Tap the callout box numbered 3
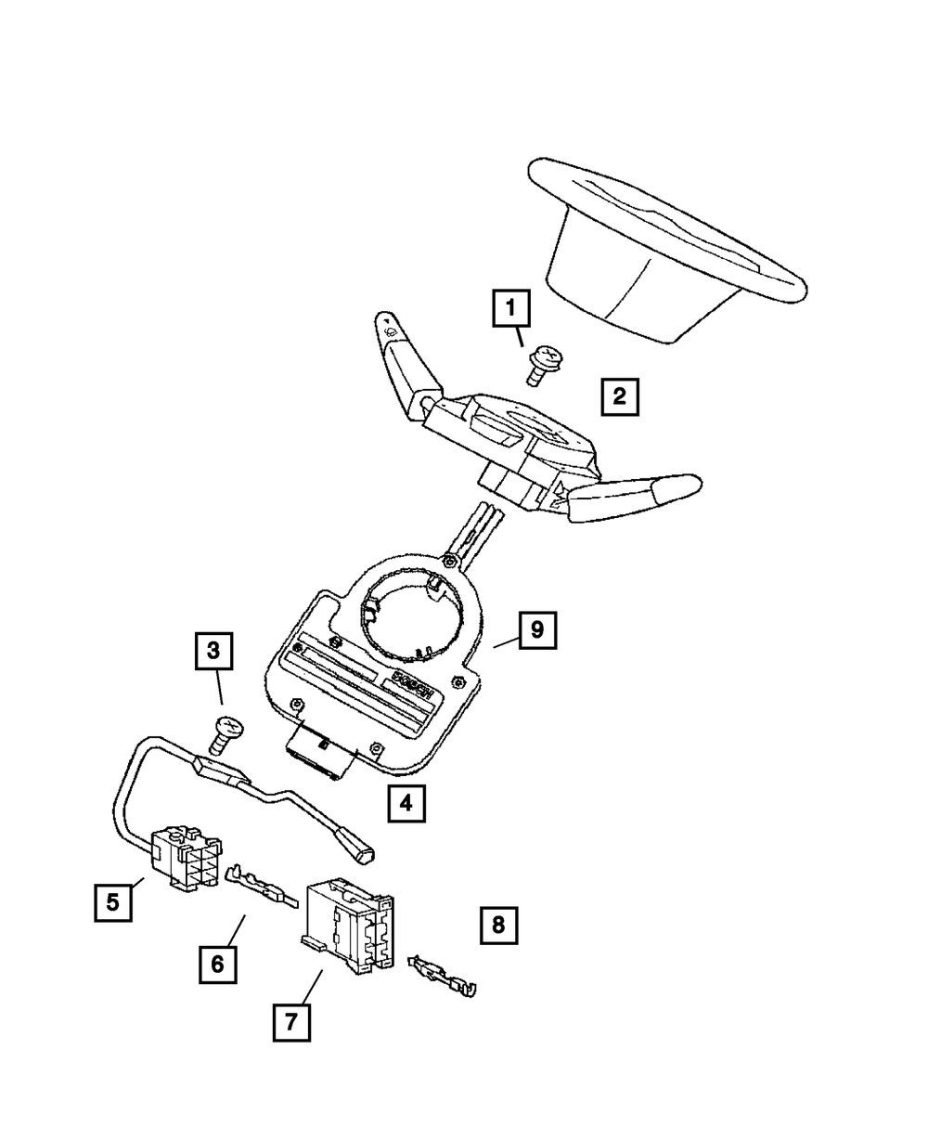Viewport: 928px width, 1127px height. click(213, 651)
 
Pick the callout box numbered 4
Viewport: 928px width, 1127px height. click(406, 803)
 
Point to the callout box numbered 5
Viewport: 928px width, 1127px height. click(112, 900)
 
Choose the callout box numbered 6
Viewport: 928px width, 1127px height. click(217, 964)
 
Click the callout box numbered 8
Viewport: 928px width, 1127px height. click(498, 924)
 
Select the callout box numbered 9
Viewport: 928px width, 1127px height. click(536, 630)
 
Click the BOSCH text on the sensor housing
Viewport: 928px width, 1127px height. click(411, 684)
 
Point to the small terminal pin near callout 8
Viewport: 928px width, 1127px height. click(445, 978)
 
